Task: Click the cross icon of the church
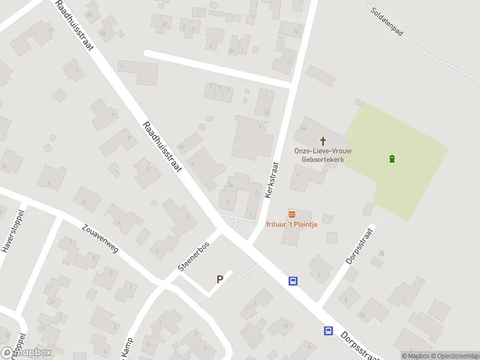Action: (323, 141)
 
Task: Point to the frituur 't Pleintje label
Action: (292, 225)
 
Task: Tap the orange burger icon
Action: (292, 215)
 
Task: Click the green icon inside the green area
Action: (392, 159)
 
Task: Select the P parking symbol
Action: (220, 279)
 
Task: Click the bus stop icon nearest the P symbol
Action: (293, 280)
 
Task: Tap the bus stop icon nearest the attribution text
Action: (328, 330)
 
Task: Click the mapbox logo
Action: (26, 353)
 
